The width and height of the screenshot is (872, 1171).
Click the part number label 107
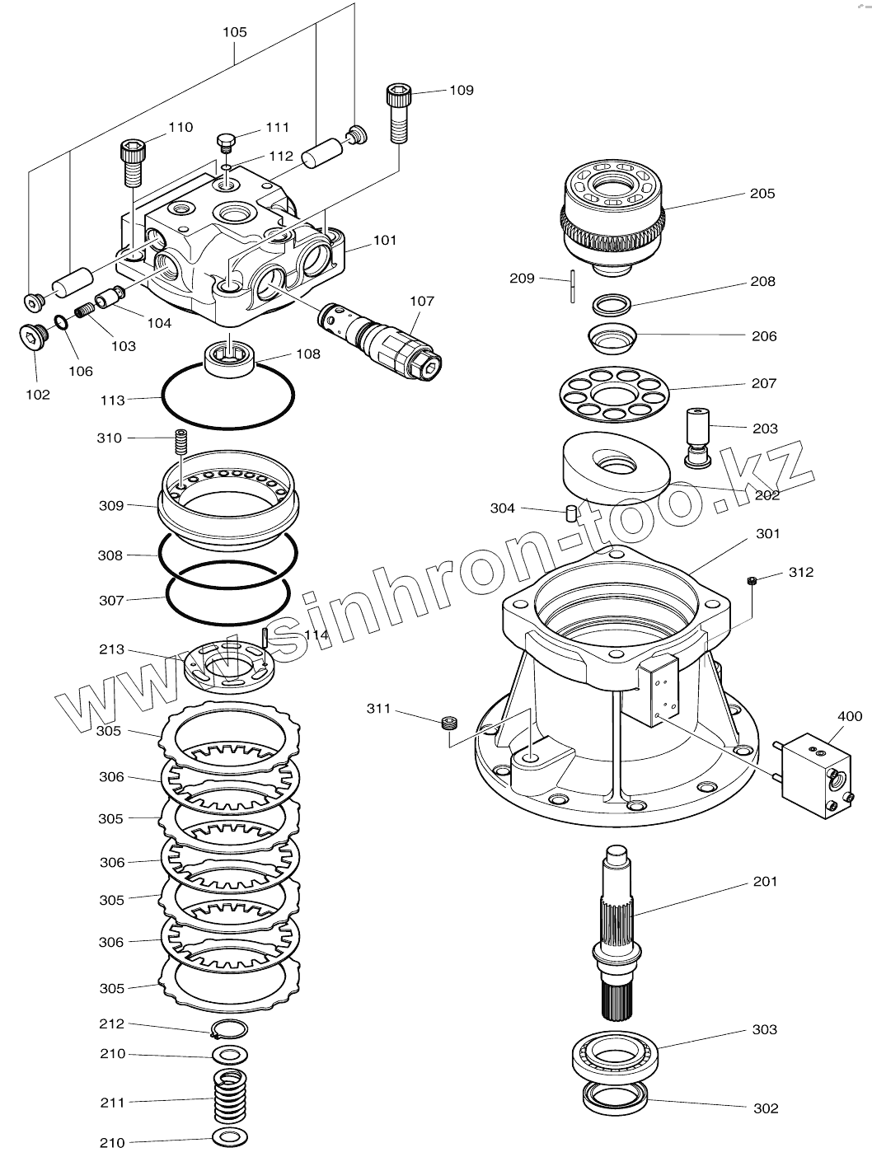coord(422,302)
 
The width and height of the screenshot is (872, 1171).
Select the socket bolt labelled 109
coord(398,113)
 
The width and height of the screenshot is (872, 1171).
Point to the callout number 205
coord(762,194)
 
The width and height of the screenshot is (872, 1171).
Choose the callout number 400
coord(850,716)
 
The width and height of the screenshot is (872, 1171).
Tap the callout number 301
coord(767,534)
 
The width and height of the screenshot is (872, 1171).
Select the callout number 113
coord(112,400)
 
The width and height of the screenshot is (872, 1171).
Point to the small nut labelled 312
coord(752,582)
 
